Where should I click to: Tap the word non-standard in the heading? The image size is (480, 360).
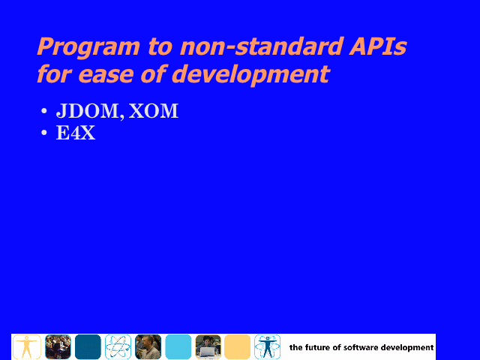[x=261, y=46]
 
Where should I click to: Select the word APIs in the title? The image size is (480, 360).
[x=378, y=46]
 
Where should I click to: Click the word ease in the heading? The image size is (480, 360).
[x=106, y=74]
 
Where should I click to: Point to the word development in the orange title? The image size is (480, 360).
[x=250, y=75]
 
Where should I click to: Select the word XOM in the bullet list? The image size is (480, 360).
[x=153, y=110]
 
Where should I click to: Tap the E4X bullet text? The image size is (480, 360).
[x=76, y=133]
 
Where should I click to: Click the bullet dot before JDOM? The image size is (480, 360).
[x=44, y=111]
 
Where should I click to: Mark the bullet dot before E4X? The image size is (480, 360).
[x=44, y=133]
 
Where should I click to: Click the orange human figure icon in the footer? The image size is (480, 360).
[x=27, y=346]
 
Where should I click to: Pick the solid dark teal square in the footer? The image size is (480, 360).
[x=88, y=346]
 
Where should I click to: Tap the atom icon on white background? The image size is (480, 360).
[x=118, y=346]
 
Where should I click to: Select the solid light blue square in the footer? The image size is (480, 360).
[x=178, y=346]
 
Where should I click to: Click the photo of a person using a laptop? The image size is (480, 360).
[x=208, y=346]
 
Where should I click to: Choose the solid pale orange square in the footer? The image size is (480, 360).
[x=237, y=346]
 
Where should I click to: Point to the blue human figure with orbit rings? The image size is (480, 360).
[x=267, y=346]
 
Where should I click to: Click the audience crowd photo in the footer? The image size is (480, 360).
[x=58, y=346]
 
